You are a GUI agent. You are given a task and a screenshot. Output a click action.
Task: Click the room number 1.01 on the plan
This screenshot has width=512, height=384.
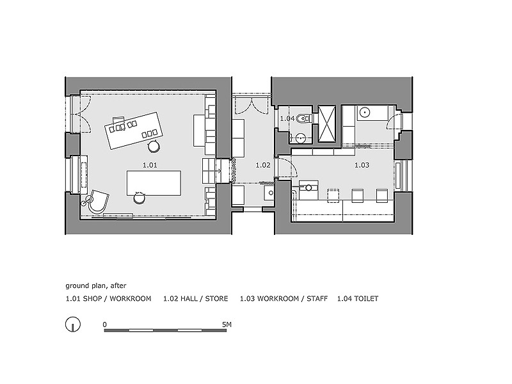(x=150, y=165)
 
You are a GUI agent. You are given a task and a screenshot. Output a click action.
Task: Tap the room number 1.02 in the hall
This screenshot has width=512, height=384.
(x=263, y=165)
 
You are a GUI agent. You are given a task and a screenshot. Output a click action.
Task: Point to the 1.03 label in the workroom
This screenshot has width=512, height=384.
(x=362, y=165)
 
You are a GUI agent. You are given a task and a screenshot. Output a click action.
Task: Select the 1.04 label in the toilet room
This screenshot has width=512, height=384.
(x=287, y=118)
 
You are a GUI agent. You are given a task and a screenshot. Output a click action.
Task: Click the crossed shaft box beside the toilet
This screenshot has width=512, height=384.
(x=327, y=124)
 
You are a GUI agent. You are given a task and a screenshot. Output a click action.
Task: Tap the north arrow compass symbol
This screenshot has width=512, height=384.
(x=73, y=325)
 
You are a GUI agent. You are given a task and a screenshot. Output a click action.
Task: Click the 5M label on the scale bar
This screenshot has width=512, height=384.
(x=227, y=324)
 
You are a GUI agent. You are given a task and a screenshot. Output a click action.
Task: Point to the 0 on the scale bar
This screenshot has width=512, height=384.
(x=104, y=324)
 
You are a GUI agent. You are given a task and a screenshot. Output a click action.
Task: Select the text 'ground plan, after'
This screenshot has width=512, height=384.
(x=95, y=285)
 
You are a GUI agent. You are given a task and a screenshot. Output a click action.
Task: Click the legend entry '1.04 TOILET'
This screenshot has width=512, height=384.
(x=358, y=298)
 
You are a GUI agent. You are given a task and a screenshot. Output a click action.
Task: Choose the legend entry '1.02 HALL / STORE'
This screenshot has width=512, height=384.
(x=196, y=298)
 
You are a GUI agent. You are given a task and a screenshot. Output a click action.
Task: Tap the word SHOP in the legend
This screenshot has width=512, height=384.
(x=92, y=298)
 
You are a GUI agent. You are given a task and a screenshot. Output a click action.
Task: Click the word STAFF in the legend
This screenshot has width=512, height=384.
(x=317, y=298)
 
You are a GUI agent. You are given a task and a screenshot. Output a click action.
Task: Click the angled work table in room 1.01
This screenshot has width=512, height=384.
(x=134, y=131)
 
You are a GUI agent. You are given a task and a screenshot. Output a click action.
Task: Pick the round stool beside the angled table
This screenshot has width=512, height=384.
(x=153, y=147)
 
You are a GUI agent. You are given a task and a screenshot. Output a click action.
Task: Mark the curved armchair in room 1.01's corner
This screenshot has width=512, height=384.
(x=98, y=202)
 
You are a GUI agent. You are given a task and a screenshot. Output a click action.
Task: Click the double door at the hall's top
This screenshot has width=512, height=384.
(x=252, y=106)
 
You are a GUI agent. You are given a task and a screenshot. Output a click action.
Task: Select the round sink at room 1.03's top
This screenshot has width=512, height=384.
(x=364, y=113)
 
